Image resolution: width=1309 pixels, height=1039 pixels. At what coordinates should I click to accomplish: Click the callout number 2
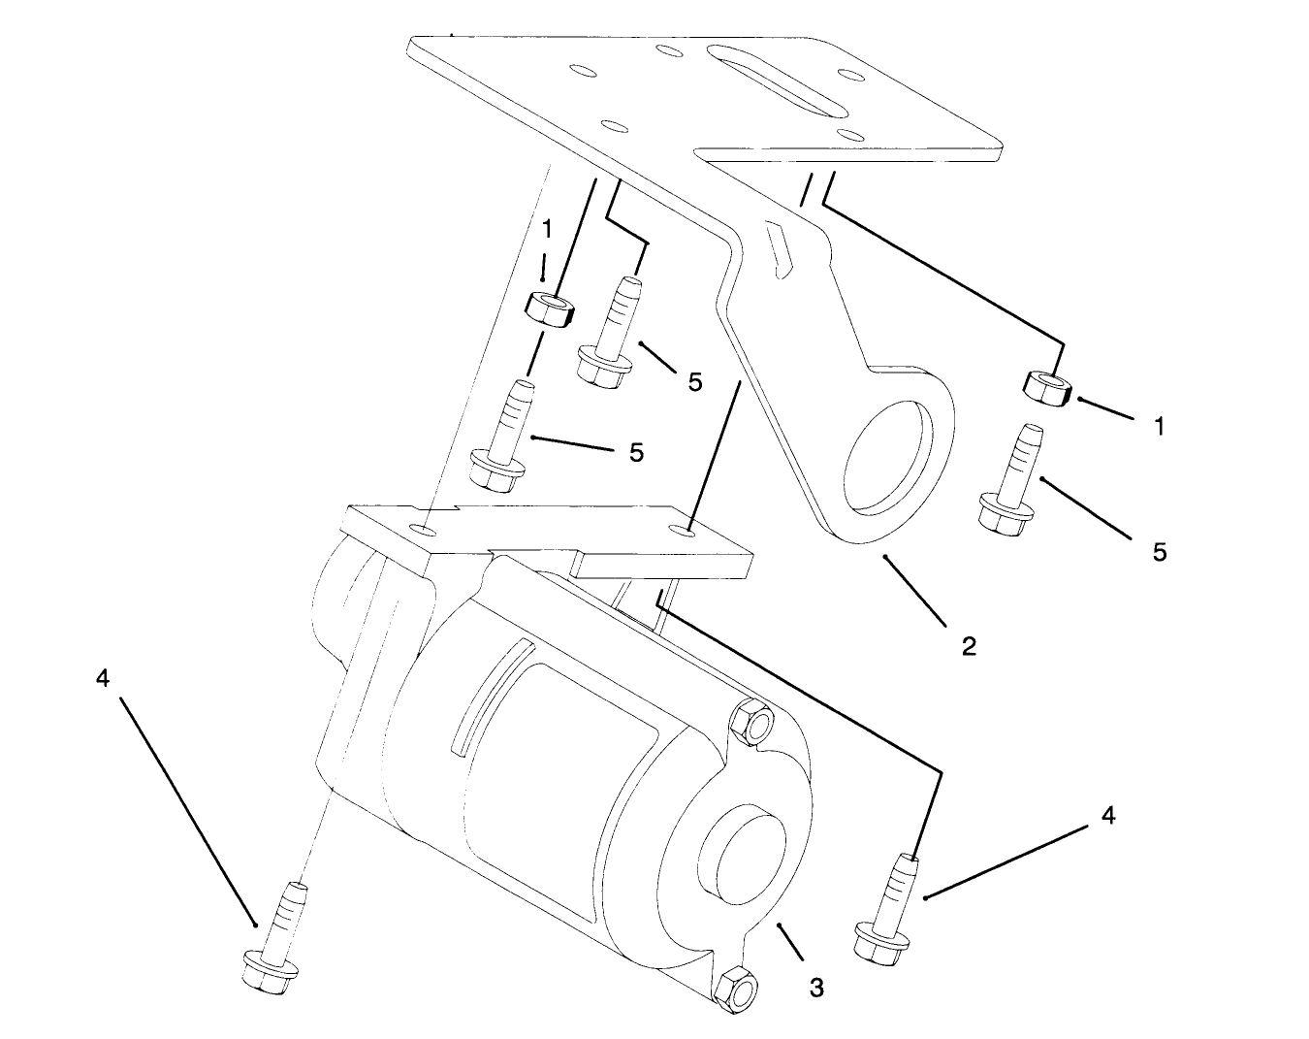pyautogui.click(x=969, y=645)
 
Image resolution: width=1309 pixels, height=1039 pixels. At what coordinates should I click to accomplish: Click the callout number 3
pyautogui.click(x=816, y=988)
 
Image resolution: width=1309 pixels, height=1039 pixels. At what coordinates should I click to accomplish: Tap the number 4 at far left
pyautogui.click(x=104, y=678)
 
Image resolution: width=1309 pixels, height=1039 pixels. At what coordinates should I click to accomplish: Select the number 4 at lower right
pyautogui.click(x=1107, y=816)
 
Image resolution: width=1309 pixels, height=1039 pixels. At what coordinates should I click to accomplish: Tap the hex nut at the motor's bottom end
pyautogui.click(x=736, y=990)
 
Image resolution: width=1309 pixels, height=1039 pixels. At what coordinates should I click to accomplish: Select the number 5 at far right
pyautogui.click(x=1160, y=552)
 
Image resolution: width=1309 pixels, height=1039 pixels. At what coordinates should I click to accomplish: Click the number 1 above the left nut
pyautogui.click(x=547, y=229)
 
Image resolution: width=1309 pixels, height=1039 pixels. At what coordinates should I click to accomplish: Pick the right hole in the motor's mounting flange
pyautogui.click(x=686, y=531)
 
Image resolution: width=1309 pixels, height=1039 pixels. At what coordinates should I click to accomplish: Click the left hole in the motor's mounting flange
pyautogui.click(x=422, y=530)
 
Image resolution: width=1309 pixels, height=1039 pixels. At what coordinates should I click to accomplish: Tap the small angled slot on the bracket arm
pyautogui.click(x=779, y=250)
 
